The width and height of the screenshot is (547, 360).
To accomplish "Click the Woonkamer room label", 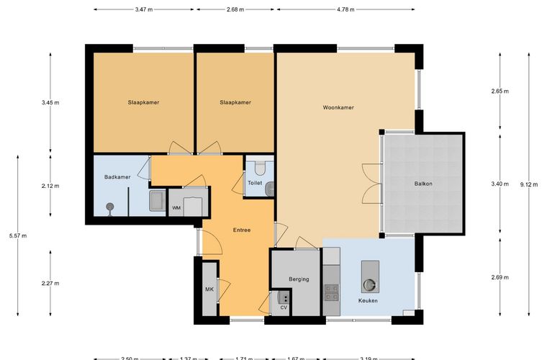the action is (338, 107).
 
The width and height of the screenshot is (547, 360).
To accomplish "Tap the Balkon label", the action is (423, 184).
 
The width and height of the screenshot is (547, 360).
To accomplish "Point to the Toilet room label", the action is (255, 183).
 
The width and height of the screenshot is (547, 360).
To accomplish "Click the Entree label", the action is (242, 230).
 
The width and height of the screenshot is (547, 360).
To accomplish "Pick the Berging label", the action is (299, 279).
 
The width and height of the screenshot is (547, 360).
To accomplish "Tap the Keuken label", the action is (368, 300).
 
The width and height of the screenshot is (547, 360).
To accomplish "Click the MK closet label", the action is (209, 289).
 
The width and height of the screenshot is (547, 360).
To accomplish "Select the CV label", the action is (284, 307).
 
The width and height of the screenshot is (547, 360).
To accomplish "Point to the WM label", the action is (176, 208).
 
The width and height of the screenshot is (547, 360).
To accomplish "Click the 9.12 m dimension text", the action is (529, 184).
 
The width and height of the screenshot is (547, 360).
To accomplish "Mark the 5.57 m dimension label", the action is (18, 236).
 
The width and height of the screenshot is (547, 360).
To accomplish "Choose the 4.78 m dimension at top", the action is (345, 9).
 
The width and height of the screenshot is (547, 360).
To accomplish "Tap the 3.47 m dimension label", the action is (144, 9).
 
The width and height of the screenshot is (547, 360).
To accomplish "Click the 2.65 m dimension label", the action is (500, 91).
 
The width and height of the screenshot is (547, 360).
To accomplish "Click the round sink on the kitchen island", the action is (369, 285).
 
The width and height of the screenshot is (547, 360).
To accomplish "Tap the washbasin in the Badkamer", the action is (158, 201).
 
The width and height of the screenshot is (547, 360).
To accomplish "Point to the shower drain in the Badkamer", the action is (110, 207).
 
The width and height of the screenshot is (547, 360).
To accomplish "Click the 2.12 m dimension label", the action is (50, 186).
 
